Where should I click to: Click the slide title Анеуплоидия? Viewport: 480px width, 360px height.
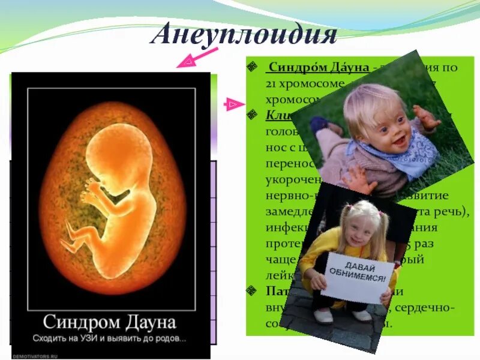pos(243,35)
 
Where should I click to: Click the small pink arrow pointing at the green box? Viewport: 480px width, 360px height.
pos(231,106)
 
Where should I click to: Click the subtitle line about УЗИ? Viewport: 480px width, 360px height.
pos(109,338)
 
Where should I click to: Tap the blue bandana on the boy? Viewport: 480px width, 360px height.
pos(407,155)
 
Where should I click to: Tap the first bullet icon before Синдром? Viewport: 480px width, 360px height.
pos(253,67)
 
